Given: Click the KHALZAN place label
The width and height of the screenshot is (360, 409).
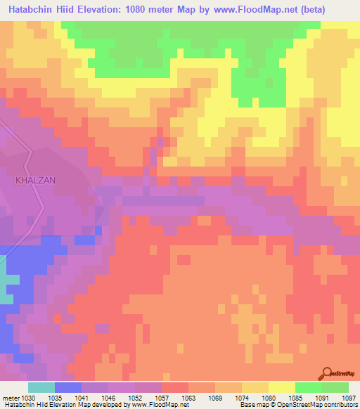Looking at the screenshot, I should click(35, 180).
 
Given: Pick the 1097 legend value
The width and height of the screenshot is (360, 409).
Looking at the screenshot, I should click(350, 396).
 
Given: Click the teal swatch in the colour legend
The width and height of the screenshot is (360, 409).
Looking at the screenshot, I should click(41, 387).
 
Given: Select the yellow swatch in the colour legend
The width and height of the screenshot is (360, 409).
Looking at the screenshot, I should click(281, 387).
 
